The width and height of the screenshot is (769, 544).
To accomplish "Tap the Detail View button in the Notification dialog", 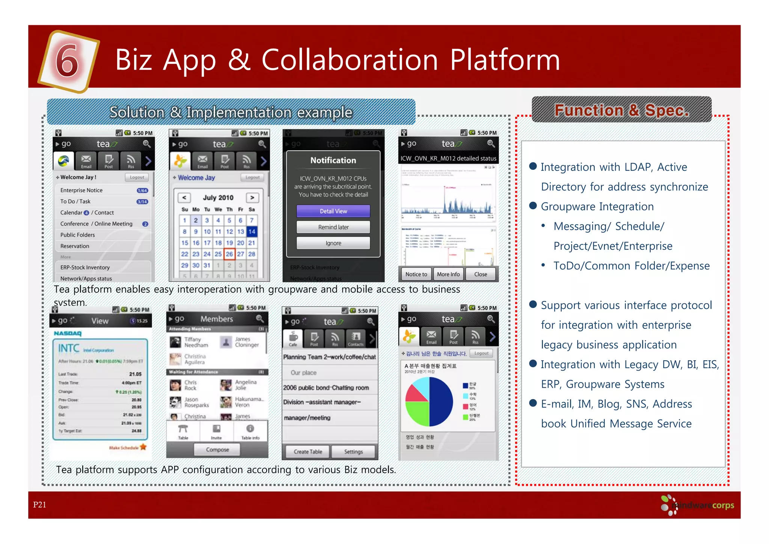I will coord(333,211).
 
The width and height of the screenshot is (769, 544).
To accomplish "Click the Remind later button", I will coord(333,227).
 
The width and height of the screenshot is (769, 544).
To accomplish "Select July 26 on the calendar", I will coord(229,254).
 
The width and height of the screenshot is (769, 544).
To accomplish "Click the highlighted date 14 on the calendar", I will coord(252,232).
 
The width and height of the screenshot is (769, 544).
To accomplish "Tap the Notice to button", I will coord(416,274).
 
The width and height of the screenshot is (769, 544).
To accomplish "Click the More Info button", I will coord(448,274).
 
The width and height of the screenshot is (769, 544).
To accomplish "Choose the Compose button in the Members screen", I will coord(217,450).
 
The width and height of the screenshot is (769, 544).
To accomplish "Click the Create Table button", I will coord(308,452).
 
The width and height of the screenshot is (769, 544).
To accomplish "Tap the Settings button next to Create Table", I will coord(353,452).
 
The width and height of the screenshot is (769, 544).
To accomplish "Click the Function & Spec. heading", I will coord(621,110).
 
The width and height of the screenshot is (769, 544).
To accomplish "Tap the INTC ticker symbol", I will coord(69,349).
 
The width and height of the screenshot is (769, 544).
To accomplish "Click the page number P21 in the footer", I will coord(39,505).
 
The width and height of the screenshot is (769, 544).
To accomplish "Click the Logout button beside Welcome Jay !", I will coord(137,177).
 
